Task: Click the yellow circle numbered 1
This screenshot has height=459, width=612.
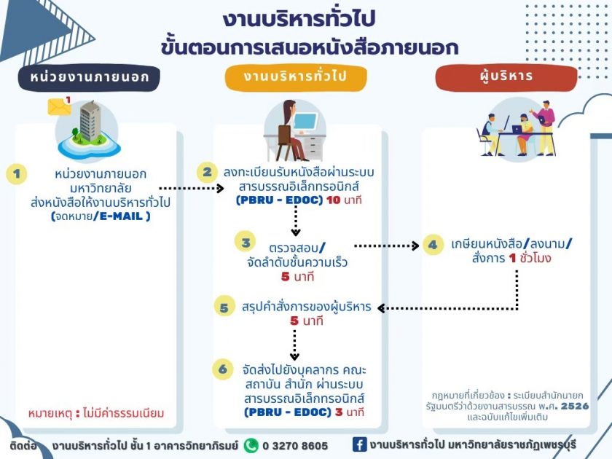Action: (x=16, y=173)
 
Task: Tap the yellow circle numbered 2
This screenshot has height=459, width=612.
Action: (x=207, y=172)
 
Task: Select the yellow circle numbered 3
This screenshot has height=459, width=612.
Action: (x=245, y=242)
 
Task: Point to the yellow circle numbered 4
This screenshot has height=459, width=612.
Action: (x=433, y=245)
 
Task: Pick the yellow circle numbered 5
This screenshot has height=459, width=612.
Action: (x=224, y=307)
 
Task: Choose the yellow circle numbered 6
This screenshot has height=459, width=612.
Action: (x=223, y=369)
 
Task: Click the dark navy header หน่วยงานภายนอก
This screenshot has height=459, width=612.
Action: (x=90, y=77)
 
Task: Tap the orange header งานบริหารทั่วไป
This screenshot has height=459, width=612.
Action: (x=296, y=77)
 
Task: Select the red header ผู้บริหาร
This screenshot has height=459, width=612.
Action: (x=506, y=77)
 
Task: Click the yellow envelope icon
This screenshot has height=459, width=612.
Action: (x=59, y=106)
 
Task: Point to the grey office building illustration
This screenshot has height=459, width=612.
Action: (x=90, y=121)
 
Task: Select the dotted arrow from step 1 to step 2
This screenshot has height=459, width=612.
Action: (x=192, y=189)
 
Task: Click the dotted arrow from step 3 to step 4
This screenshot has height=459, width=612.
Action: (x=386, y=246)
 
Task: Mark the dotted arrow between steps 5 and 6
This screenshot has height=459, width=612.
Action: (x=294, y=345)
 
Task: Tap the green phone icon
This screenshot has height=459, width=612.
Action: (x=251, y=446)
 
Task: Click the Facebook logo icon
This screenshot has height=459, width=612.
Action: (x=359, y=444)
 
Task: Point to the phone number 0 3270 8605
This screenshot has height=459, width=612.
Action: (x=295, y=446)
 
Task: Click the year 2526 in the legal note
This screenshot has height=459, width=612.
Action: (x=575, y=406)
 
